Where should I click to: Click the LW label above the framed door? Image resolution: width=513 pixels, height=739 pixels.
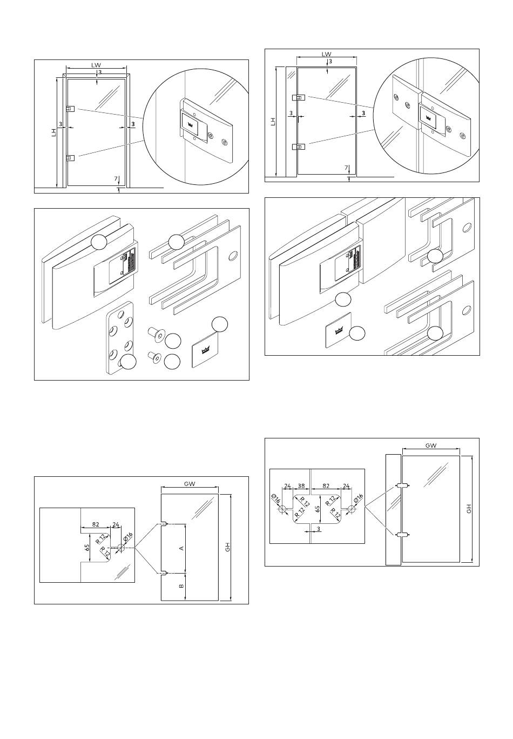96,65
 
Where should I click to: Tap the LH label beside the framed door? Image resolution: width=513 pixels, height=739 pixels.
54,132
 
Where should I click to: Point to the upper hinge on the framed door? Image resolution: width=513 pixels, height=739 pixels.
70,109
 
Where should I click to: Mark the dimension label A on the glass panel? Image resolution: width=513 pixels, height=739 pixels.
181,548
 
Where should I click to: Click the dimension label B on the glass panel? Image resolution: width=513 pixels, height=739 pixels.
181,585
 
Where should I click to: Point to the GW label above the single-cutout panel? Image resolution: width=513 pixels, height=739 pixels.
189,484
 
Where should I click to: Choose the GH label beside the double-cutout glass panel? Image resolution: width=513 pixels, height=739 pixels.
469,509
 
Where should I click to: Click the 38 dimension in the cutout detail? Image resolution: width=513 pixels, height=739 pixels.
301,486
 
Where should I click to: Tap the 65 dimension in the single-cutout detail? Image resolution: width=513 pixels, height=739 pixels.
86,547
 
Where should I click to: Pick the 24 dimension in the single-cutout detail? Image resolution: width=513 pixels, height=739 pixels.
116,524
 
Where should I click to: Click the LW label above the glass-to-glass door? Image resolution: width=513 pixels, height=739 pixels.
326,54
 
